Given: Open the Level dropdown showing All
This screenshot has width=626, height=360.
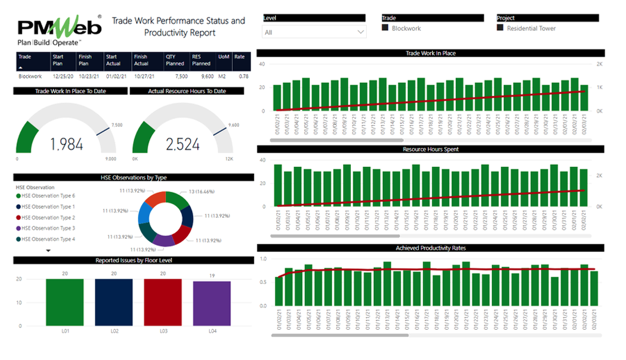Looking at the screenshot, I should point(314,32).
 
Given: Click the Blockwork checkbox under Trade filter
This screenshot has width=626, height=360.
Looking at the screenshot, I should point(385,28).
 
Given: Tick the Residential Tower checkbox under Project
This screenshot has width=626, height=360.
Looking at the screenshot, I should point(500,28).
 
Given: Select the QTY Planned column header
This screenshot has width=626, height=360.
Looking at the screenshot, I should point(175,60).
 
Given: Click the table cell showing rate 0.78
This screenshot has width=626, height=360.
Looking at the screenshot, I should point(243,76).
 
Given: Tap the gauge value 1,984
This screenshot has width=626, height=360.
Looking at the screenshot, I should point(66,144).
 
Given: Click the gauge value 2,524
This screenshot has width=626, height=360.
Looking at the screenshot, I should point(182,144).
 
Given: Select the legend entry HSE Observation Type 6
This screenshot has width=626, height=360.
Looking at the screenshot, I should point(48,196).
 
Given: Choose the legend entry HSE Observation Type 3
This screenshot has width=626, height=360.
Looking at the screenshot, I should point(48,228).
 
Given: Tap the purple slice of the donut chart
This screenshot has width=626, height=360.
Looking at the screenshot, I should point(164,240).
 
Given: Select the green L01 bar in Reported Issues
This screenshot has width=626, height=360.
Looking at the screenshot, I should point(65,302).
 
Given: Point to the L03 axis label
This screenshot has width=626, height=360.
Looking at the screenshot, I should point(163,331).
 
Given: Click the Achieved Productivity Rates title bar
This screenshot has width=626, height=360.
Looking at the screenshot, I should point(430,248).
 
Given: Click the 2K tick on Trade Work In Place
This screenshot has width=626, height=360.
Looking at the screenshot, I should point(599,64).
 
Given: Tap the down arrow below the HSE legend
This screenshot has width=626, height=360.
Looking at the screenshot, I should point(48,250).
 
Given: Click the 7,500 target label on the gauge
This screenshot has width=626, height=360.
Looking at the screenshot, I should point(116,124).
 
